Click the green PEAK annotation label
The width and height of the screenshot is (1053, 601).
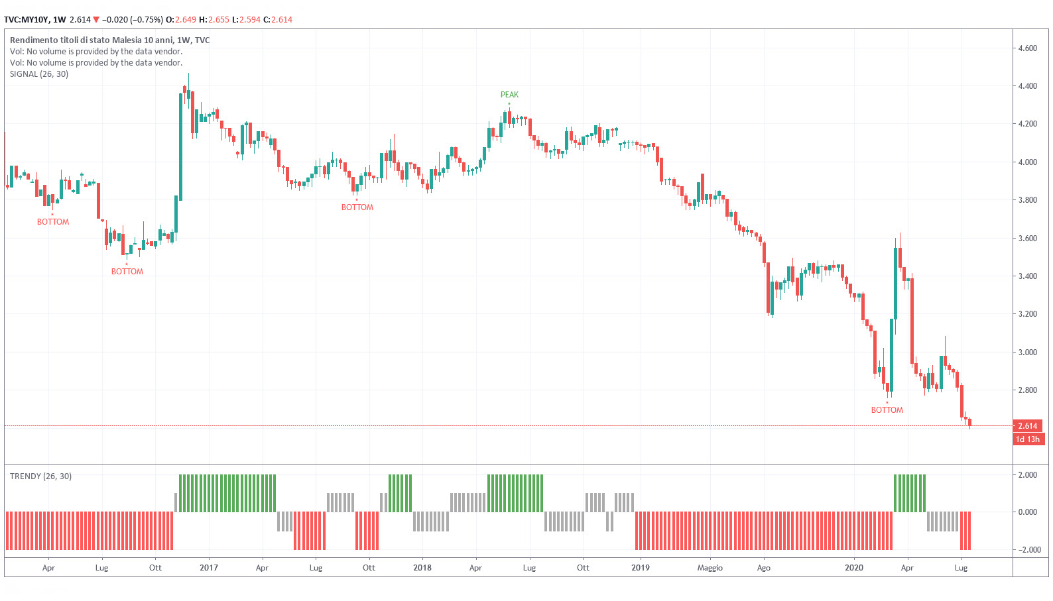509,95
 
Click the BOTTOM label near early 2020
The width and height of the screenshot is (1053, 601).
887,410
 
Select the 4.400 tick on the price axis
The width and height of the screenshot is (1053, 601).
1027,86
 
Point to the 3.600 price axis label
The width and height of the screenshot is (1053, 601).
1027,239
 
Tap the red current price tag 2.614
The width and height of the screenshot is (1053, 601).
1027,426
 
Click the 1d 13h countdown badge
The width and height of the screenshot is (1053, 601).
1027,439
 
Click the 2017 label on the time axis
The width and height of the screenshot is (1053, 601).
209,568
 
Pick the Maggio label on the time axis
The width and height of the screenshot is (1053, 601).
710,568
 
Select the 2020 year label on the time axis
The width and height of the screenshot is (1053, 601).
854,568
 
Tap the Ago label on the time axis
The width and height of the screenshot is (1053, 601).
764,568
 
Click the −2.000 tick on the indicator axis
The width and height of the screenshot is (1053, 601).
1027,550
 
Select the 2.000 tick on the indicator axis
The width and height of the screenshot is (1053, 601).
1027,475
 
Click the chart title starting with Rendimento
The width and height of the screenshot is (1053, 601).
109,40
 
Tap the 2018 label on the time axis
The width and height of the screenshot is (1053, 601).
422,568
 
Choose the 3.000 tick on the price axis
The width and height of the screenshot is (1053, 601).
1027,353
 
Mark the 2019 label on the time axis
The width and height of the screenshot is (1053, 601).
641,568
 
